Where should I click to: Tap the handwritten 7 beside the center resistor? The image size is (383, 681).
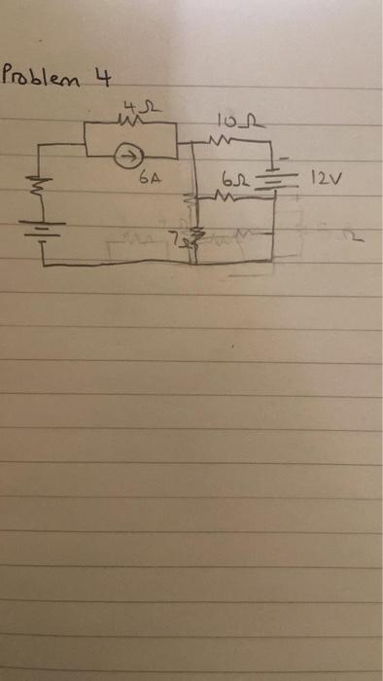point(175,236)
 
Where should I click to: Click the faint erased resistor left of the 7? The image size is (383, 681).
point(136,237)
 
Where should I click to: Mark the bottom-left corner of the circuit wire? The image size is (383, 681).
point(45,264)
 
